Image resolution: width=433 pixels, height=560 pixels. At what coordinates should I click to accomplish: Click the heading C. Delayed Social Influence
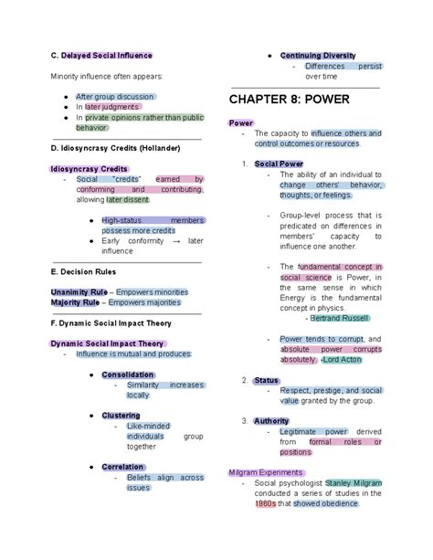coord(101,56)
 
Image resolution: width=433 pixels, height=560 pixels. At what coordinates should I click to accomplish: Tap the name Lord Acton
coord(342,359)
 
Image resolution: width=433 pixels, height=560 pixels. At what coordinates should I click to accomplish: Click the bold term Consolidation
coord(127,375)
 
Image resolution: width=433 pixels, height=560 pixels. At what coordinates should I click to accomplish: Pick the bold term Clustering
coord(121,416)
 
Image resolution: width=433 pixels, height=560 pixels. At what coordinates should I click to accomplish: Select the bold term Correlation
coord(122,466)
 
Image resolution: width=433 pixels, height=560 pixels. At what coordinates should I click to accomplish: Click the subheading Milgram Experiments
coord(265,472)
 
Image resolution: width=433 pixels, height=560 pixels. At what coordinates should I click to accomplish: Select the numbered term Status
coord(267,380)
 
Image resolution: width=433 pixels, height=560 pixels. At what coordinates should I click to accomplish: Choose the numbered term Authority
coord(271,420)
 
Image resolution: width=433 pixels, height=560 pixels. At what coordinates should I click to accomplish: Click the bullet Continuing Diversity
coord(318,56)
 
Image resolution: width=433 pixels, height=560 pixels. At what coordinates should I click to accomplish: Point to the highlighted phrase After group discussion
coord(115,96)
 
